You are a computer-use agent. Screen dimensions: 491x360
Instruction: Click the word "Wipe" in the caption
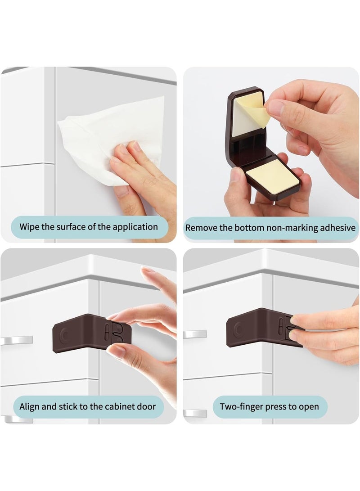[x=30, y=227]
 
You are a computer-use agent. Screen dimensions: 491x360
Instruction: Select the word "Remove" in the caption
[x=201, y=228]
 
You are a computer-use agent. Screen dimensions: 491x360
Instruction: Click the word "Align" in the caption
[x=30, y=407]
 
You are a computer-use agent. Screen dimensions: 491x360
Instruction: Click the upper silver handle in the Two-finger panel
[x=194, y=334]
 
